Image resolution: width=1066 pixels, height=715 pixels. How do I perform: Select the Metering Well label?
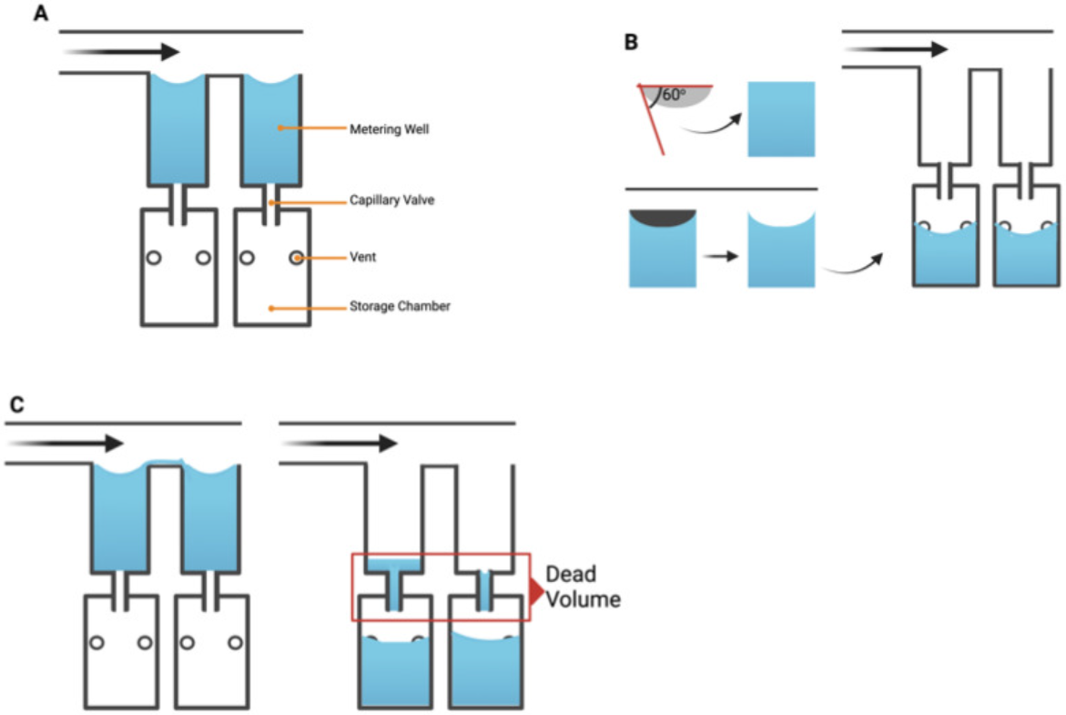coord(389,129)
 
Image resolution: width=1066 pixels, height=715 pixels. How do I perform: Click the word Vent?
coord(362,258)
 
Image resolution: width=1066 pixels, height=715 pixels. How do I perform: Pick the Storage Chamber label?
coord(400,306)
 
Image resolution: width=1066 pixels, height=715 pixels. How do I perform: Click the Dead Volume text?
coord(583,587)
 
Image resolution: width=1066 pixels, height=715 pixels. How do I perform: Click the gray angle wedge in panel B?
coord(677,97)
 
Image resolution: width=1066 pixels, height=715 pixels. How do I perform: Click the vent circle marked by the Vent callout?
coord(297,258)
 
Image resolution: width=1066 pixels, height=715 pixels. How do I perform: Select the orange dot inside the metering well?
coord(280,128)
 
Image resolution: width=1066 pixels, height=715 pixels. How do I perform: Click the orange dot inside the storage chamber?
coord(270,308)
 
